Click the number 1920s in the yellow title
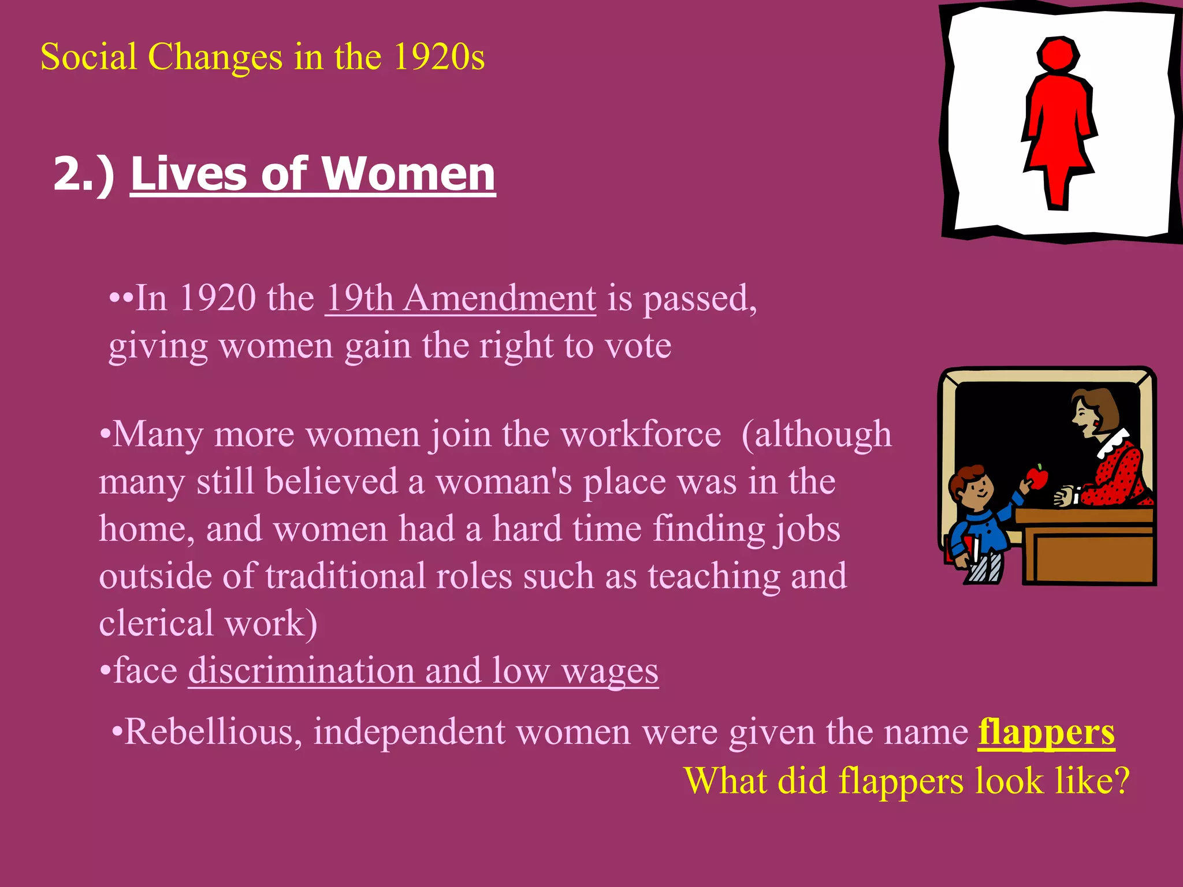click(439, 58)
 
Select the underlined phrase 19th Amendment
click(460, 299)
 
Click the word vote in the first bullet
click(638, 346)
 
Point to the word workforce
click(641, 435)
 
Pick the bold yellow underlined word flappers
click(1046, 733)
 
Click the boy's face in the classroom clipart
click(976, 490)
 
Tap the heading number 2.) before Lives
click(84, 174)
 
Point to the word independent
click(410, 733)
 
